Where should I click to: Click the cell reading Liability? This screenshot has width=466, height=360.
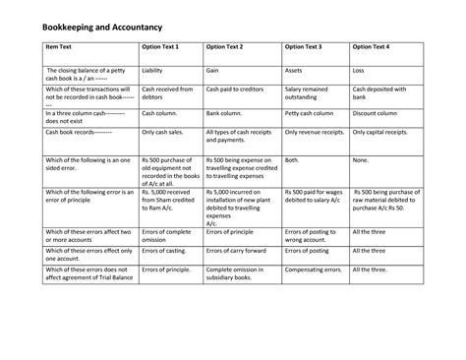click(152, 71)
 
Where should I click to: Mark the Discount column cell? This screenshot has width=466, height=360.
click(378, 114)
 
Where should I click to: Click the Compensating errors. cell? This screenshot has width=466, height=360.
click(316, 269)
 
